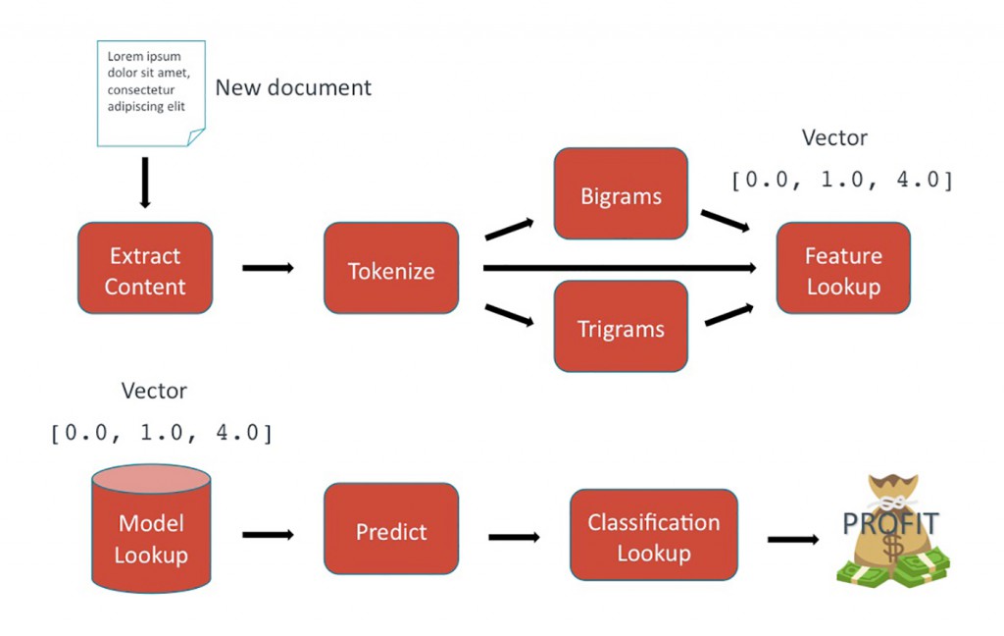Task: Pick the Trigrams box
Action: pos(621,327)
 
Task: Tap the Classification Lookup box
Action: pos(653,535)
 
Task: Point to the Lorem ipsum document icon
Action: pos(151,92)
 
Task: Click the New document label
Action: pos(293,87)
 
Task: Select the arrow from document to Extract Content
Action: pos(145,182)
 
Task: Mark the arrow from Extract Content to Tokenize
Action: pos(268,268)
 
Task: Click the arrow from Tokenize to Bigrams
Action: pos(510,230)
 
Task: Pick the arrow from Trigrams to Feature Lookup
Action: pos(727,314)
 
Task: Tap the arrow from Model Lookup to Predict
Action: pos(268,535)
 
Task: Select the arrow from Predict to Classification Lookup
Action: pos(514,537)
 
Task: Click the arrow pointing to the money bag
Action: pos(792,539)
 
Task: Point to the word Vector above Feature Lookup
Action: pos(834,138)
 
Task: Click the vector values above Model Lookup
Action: pos(161,433)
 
